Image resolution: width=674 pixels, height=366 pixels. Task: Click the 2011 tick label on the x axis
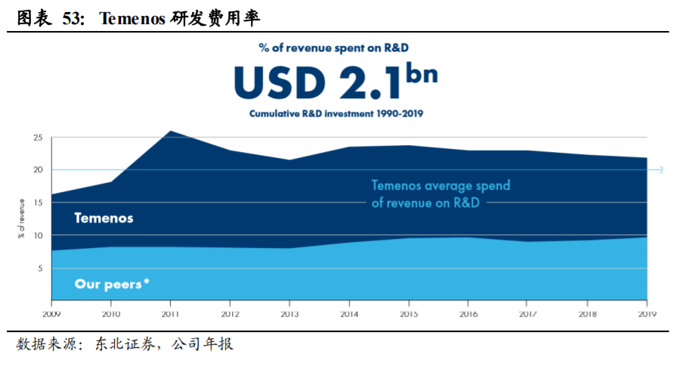click(171, 312)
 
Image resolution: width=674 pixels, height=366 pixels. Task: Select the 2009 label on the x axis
click(51, 312)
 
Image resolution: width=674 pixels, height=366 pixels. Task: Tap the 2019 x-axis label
click(647, 312)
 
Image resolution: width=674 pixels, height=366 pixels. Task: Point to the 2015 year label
click(409, 312)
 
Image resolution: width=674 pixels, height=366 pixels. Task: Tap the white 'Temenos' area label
click(104, 219)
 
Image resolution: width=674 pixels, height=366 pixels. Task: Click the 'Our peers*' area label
click(112, 284)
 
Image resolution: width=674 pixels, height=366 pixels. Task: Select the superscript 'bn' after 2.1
click(422, 73)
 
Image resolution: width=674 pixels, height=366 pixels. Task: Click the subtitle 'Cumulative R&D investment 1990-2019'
click(336, 114)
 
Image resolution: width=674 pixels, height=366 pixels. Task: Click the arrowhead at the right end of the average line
click(660, 170)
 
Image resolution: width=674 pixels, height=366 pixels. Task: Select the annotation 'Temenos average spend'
click(441, 185)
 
